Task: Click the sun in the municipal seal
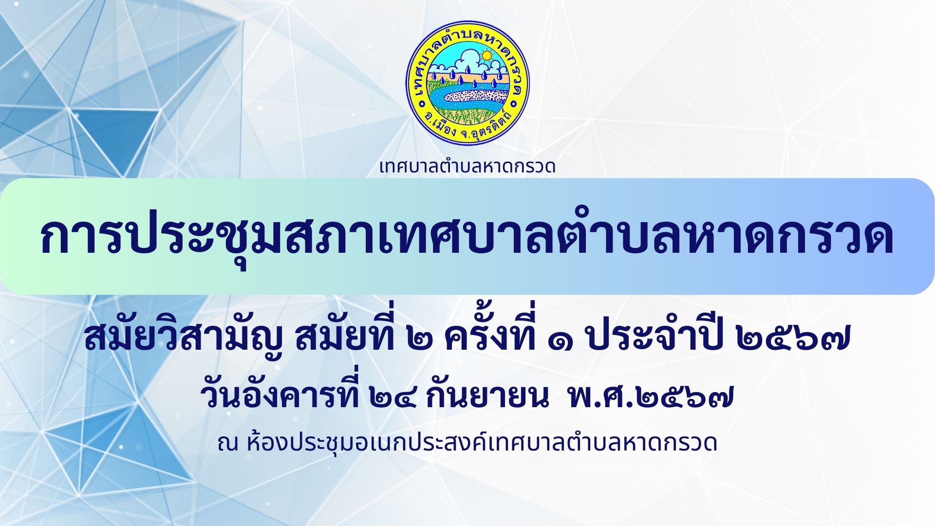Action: click(486, 56)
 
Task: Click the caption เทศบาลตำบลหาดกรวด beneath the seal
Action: click(467, 167)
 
